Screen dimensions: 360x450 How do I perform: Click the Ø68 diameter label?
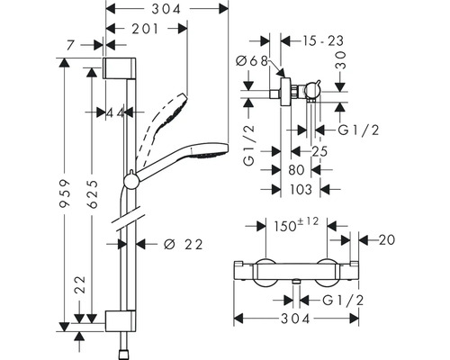254,61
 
